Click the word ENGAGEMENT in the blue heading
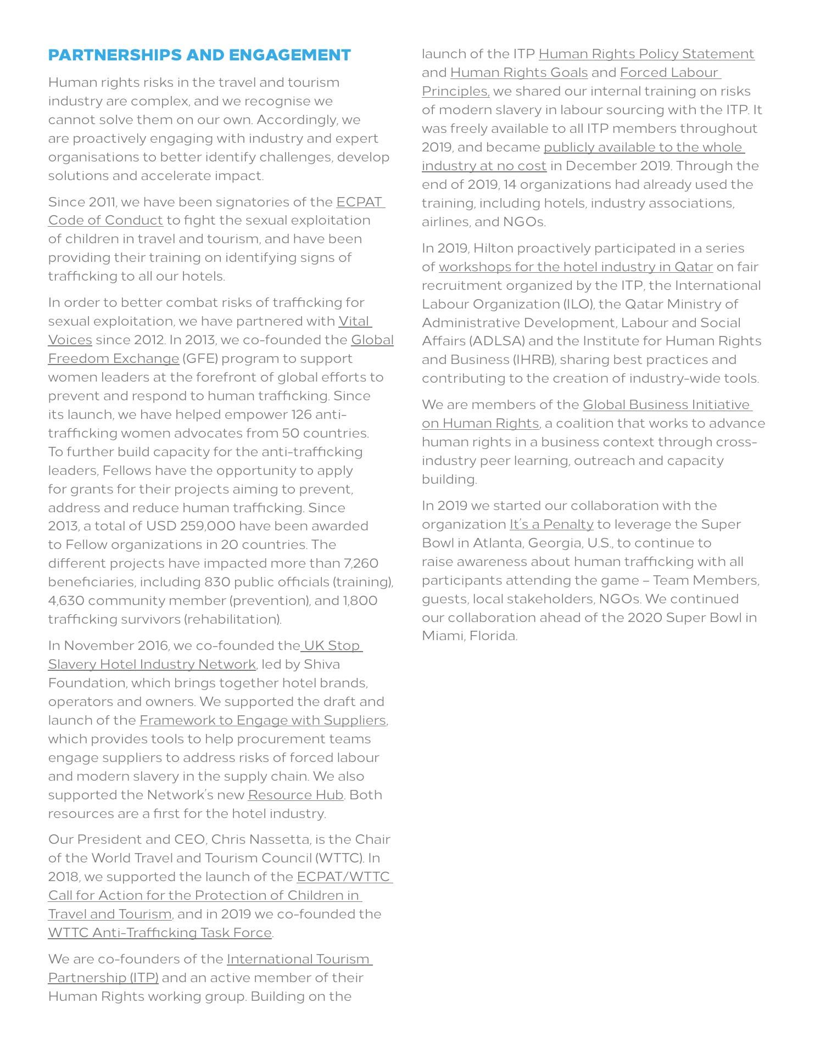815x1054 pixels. [x=289, y=55]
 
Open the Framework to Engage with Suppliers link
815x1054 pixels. [x=263, y=720]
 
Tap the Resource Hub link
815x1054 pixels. [x=295, y=795]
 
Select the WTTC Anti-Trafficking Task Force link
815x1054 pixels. [x=160, y=933]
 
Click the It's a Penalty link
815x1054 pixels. [x=551, y=524]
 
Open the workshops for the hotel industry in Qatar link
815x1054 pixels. [x=576, y=267]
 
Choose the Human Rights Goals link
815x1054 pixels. [x=519, y=72]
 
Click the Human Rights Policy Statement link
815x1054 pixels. [x=646, y=54]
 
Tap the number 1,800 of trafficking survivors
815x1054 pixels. [x=360, y=601]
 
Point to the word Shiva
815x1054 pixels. [x=322, y=664]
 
